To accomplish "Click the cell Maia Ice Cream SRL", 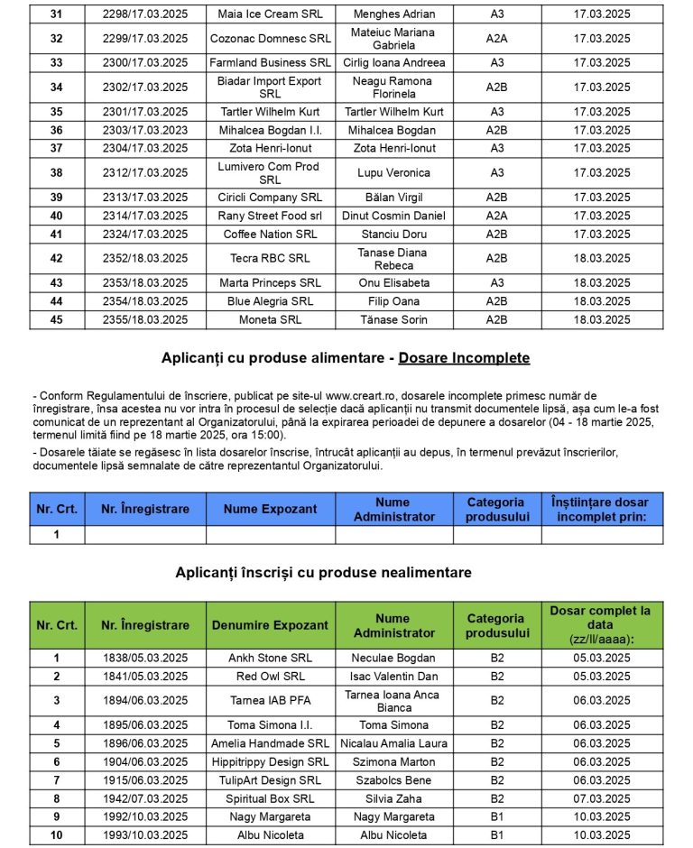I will point(270,14).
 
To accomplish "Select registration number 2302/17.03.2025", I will point(145,88).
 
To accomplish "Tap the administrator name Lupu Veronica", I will point(393,173).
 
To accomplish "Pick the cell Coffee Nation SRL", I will point(270,235).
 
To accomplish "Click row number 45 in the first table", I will point(57,320).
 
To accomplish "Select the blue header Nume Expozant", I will point(270,510).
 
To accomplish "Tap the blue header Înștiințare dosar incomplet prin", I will point(602,510).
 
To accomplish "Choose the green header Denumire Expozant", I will point(270,626).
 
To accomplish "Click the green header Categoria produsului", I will point(497,626).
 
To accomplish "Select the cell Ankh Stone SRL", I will point(270,659).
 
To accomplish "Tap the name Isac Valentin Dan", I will point(393,677).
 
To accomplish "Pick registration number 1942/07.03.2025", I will point(145,799).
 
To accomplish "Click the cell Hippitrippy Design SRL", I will point(270,762).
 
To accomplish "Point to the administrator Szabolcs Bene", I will point(393,780).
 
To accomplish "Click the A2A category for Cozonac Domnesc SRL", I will point(497,39).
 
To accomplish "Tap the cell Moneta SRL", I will point(270,320).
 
